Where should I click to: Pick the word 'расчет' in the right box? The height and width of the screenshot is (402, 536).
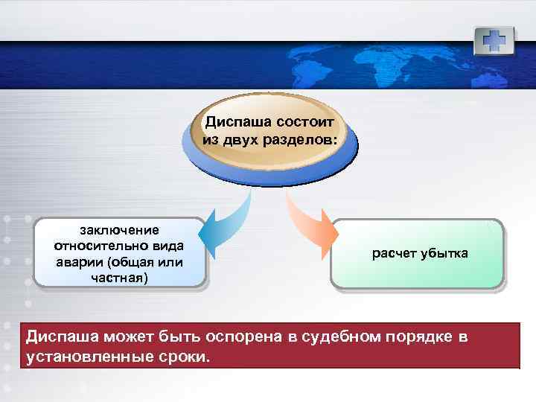(x=392, y=254)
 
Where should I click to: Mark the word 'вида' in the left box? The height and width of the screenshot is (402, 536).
(x=169, y=246)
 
